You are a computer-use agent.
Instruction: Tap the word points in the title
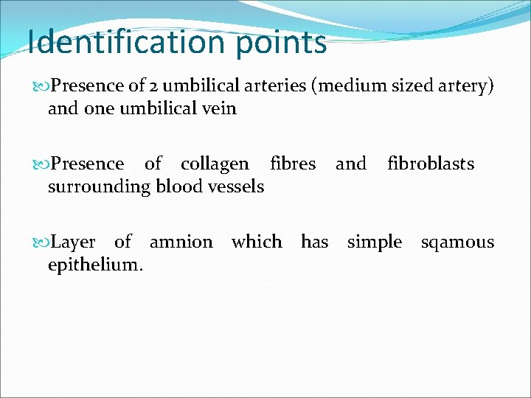pos(282,43)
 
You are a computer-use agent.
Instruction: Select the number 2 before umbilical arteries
pos(155,85)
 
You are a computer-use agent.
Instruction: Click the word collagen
pos(215,164)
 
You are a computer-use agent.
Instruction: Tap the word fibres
pos(293,164)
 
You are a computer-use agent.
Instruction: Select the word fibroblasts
pos(430,164)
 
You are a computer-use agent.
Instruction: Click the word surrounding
pos(99,186)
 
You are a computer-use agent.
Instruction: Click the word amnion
pos(181,242)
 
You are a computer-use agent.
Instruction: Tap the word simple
pos(375,242)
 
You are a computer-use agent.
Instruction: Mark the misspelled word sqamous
pos(457,242)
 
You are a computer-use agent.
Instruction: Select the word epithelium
pos(95,265)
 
